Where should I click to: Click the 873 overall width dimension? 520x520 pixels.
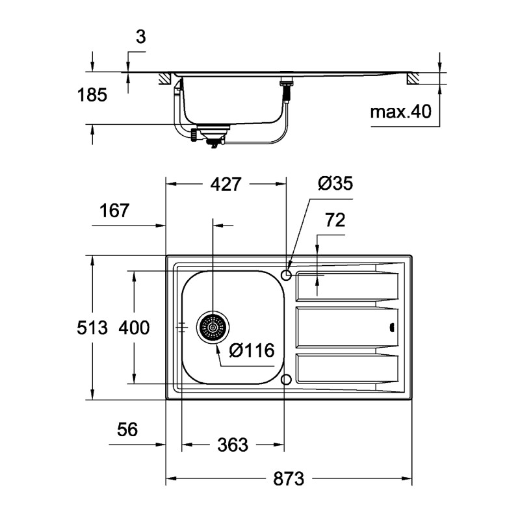pyautogui.click(x=288, y=480)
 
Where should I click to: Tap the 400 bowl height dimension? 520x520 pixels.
pyautogui.click(x=134, y=328)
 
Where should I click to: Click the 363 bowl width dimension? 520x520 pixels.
pyautogui.click(x=232, y=445)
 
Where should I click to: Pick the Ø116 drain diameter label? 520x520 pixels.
pyautogui.click(x=253, y=350)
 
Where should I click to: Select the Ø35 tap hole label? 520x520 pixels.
pyautogui.click(x=335, y=183)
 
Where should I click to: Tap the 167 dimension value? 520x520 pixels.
pyautogui.click(x=115, y=211)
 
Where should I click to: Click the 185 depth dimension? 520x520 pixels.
pyautogui.click(x=92, y=96)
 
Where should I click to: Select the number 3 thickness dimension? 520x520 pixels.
pyautogui.click(x=140, y=37)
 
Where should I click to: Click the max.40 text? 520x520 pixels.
pyautogui.click(x=401, y=112)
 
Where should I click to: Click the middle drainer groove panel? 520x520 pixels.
pyautogui.click(x=344, y=327)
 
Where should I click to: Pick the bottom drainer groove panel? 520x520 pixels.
pyautogui.click(x=344, y=369)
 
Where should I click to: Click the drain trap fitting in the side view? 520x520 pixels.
pyautogui.click(x=212, y=135)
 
